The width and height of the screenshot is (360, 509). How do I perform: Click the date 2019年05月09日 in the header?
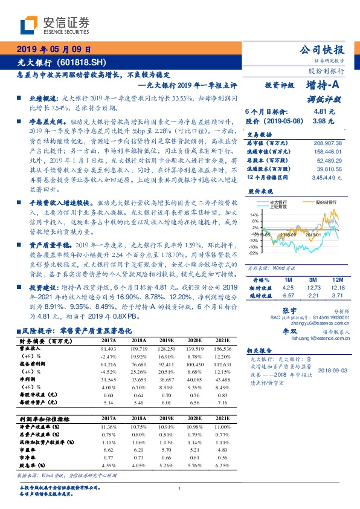pos(54,49)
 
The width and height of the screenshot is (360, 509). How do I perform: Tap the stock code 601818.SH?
pos(82,62)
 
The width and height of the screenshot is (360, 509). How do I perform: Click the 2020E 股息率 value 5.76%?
pos(193,466)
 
